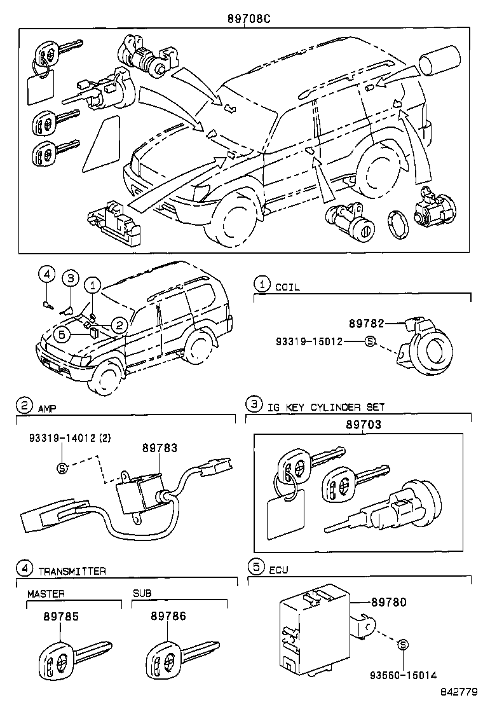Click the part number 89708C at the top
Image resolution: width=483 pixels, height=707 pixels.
249,19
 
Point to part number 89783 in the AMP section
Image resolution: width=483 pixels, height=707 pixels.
159,448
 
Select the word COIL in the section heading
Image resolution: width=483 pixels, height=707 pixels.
287,287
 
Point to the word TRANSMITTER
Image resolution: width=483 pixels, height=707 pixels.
72,570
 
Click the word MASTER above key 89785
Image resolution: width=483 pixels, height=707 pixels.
46,593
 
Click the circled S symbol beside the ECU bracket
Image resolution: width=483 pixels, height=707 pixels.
402,645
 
